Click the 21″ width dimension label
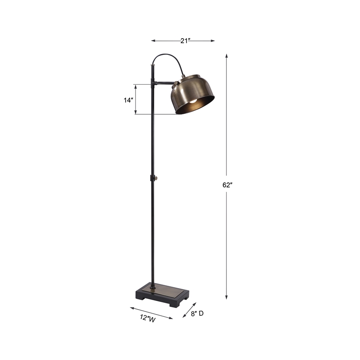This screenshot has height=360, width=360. click(184, 40)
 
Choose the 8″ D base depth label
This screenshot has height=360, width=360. click(197, 314)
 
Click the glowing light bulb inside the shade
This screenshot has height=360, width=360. click(192, 103)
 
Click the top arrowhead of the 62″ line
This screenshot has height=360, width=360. click(226, 56)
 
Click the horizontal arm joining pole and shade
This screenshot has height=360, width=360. click(162, 83)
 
